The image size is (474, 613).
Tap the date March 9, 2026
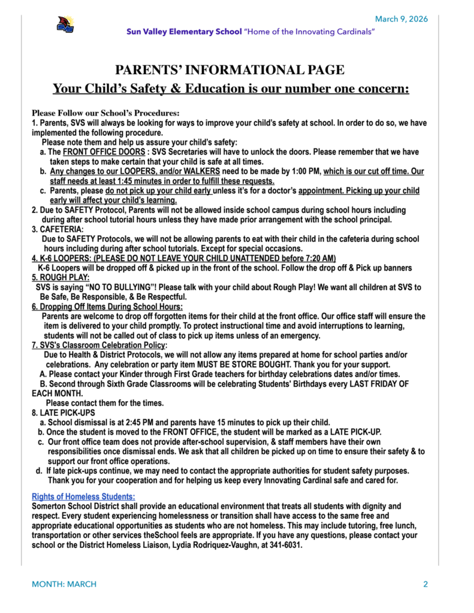(401, 19)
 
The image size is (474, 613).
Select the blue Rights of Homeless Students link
(83, 496)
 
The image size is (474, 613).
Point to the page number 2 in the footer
(425, 584)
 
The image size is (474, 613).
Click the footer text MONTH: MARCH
(64, 584)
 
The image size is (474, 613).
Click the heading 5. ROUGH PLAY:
(61, 277)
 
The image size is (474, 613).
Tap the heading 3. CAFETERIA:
(58, 229)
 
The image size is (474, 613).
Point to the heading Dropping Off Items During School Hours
(111, 306)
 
